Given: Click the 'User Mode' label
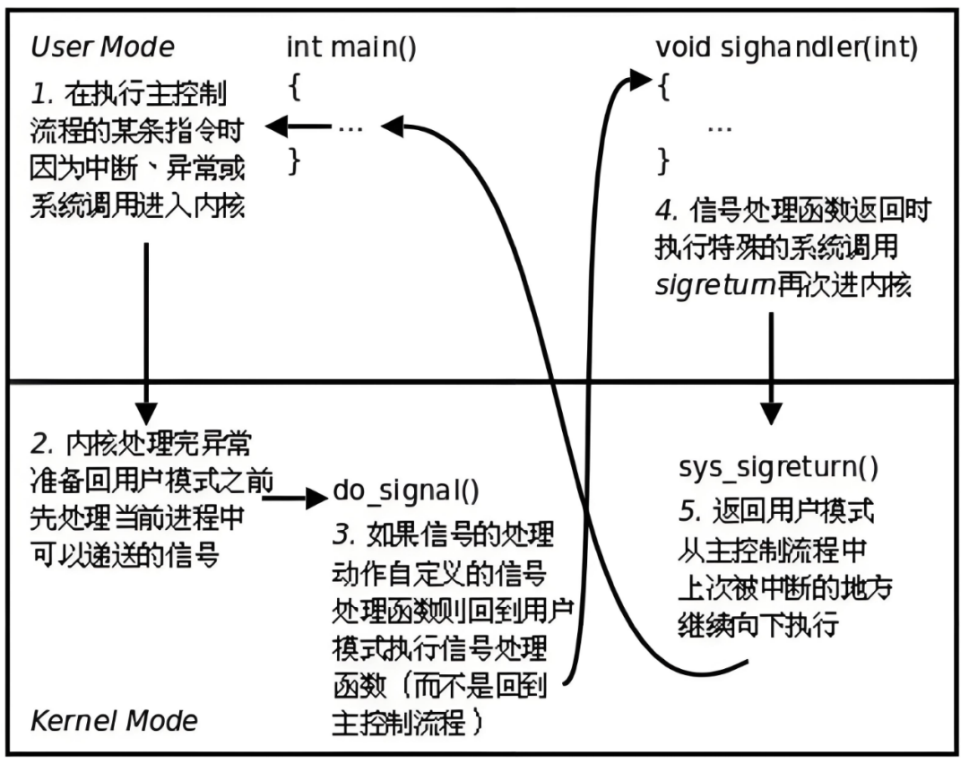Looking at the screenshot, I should [103, 47].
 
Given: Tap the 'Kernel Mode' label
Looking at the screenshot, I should [115, 720].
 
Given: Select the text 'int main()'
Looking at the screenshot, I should [351, 47].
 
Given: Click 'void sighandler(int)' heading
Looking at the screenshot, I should [787, 47].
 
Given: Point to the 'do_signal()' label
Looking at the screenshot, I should [406, 491].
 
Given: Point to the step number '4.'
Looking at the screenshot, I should [668, 213].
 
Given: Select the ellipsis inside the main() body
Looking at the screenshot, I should [350, 126].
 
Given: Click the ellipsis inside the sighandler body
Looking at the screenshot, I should [720, 126].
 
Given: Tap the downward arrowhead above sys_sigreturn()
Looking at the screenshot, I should [770, 412].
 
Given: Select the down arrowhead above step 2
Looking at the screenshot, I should [145, 412].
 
